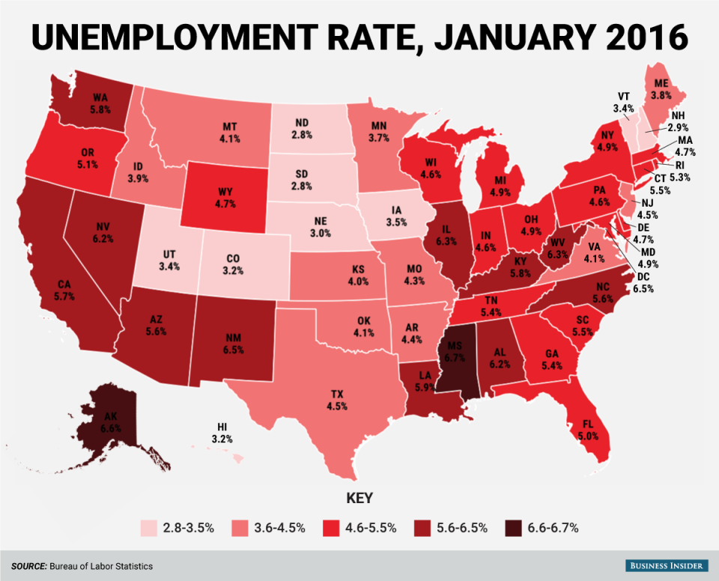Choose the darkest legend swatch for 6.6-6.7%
pos(511,528)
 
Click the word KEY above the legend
pos(359,497)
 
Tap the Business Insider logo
pos(661,566)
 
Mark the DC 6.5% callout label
pos(644,282)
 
